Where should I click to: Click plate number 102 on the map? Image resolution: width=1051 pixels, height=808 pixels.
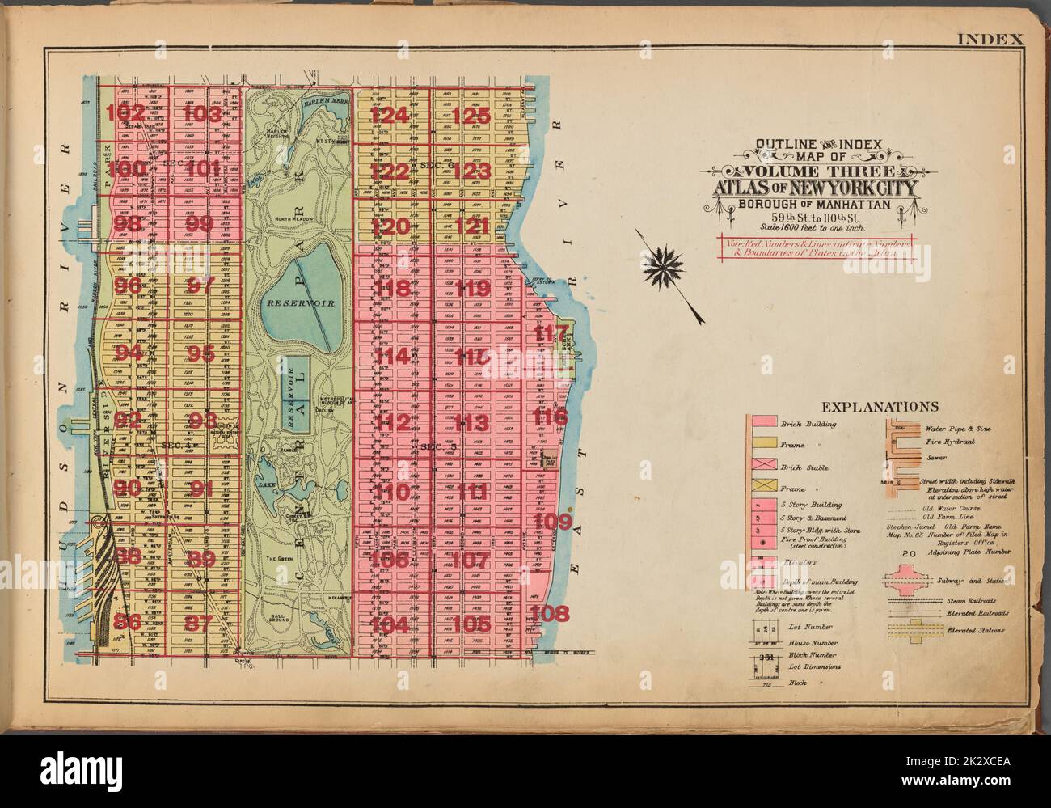tap(130, 112)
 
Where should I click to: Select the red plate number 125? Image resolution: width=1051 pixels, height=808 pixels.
tap(471, 115)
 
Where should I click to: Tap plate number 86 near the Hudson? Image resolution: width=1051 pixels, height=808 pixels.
tap(129, 622)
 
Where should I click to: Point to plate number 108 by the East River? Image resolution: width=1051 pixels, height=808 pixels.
tap(551, 612)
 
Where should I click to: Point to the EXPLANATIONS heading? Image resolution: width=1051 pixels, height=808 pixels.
tap(879, 407)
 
